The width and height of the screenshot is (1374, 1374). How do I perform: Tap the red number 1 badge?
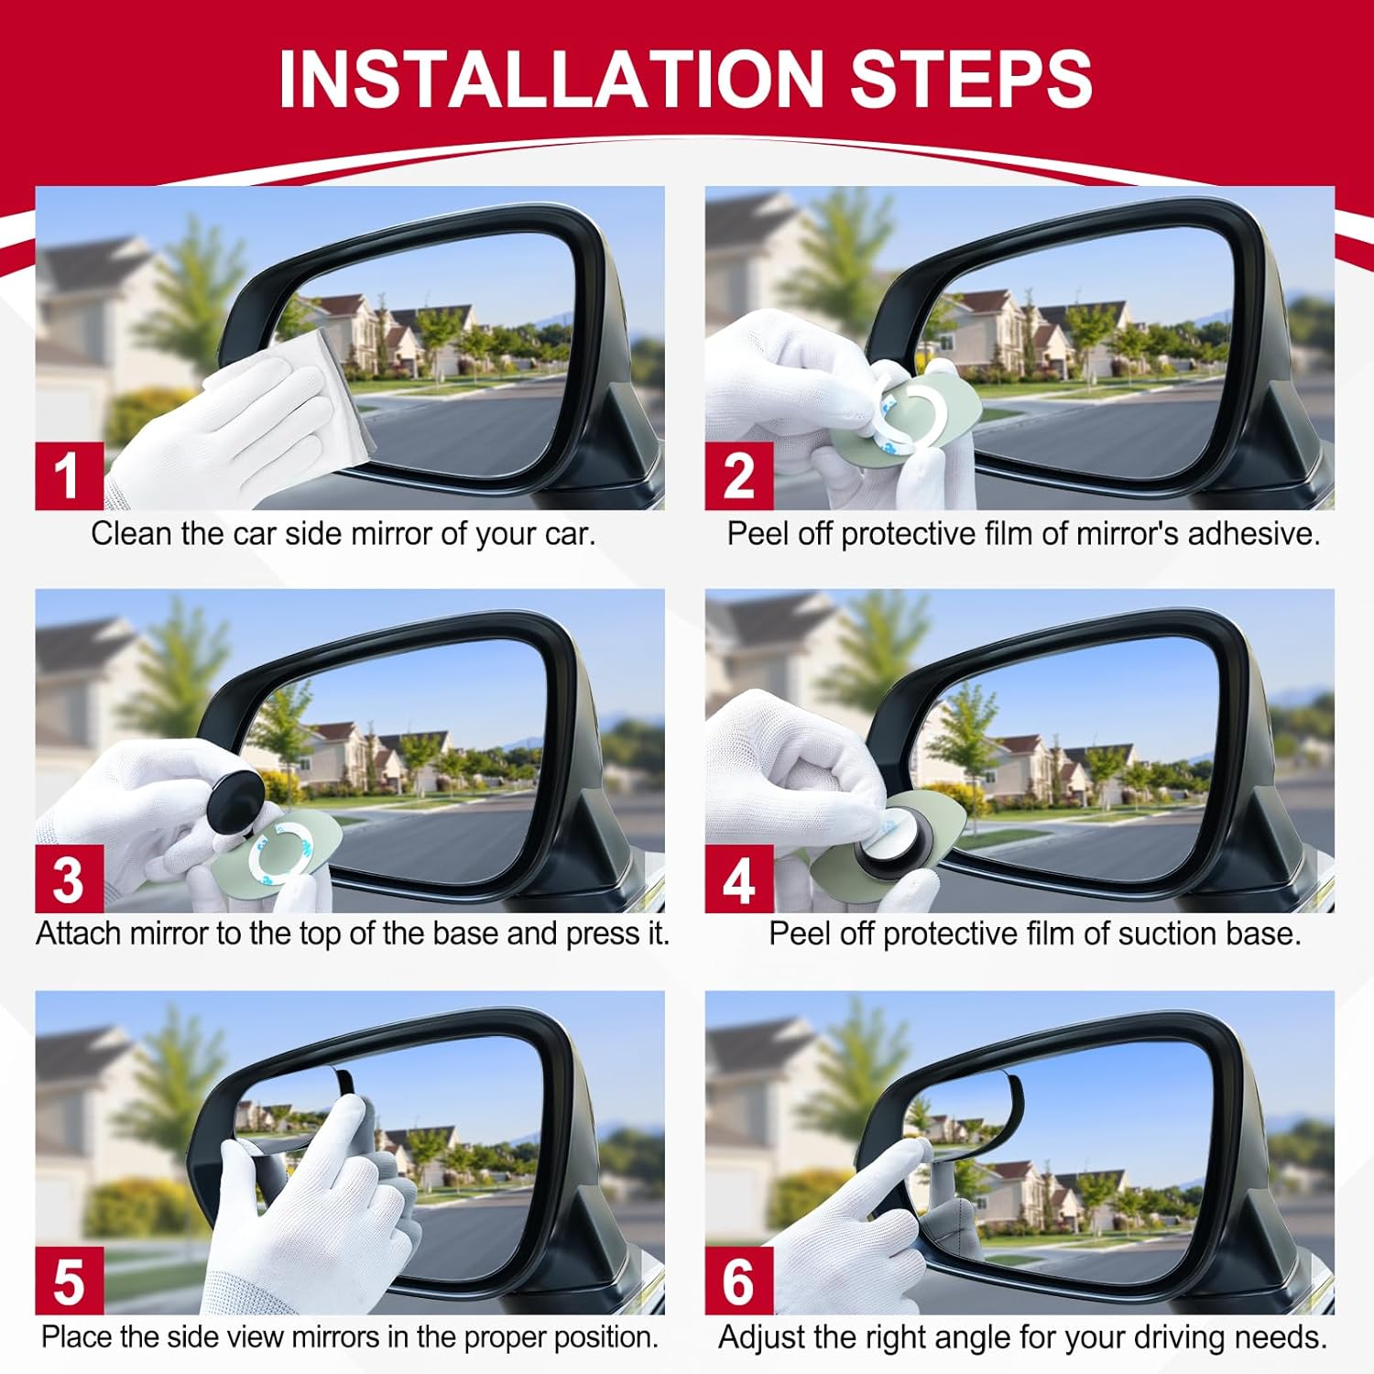pyautogui.click(x=68, y=475)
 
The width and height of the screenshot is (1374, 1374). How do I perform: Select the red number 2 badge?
pyautogui.click(x=738, y=475)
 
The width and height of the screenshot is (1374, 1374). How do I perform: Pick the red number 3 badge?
pyautogui.click(x=68, y=878)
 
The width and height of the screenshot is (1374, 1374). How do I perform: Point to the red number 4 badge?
pyautogui.click(x=738, y=878)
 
